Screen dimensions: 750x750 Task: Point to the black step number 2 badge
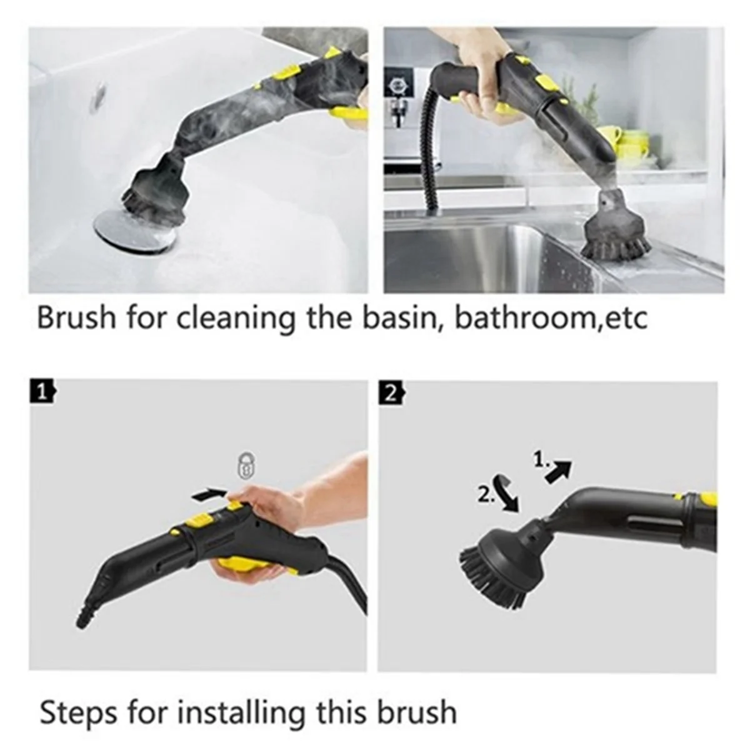390,392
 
